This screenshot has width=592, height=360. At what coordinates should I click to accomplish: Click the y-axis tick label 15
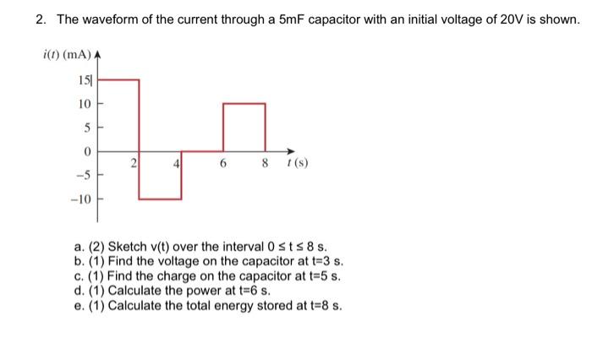coord(85,82)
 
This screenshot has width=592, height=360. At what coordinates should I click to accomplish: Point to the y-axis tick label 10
coord(83,105)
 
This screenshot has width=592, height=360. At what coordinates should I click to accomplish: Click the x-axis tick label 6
coord(222,165)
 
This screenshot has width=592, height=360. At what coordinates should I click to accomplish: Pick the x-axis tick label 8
coord(264,165)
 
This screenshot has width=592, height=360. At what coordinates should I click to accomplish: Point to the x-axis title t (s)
coord(296,165)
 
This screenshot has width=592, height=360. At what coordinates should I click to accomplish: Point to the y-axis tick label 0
coord(85,152)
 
